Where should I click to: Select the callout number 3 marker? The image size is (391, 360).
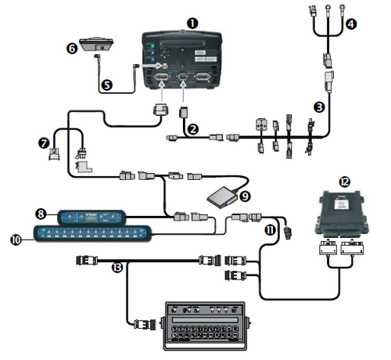[x=318, y=105]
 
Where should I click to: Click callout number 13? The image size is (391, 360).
[x=117, y=268]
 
